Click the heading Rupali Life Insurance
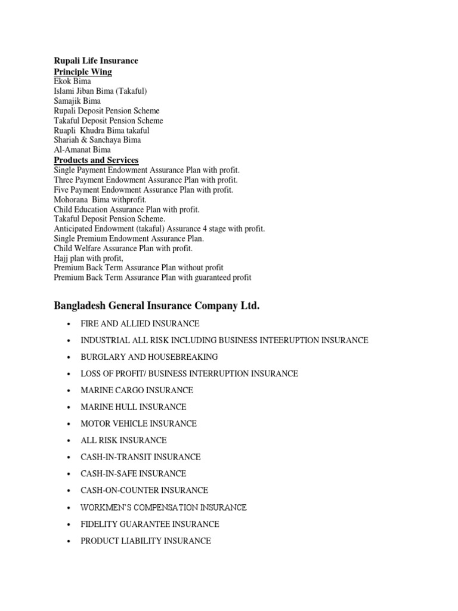tap(95, 61)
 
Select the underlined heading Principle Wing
tap(83, 72)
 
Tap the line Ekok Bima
tap(72, 82)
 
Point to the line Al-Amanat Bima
tap(82, 150)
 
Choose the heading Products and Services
tap(96, 160)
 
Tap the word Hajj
tap(62, 258)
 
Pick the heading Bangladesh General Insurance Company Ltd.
tap(157, 306)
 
